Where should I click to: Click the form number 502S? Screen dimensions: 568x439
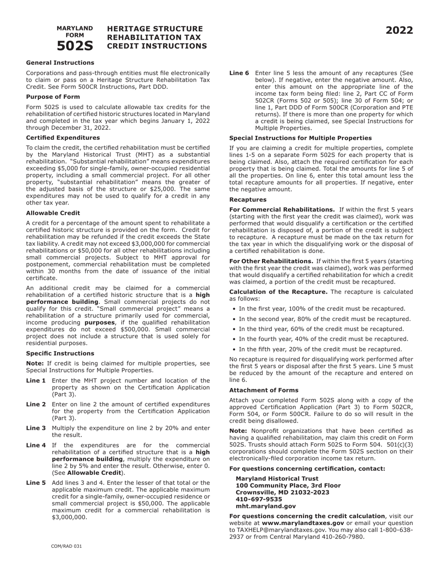tap(75, 46)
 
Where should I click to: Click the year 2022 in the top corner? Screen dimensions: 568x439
tap(399, 31)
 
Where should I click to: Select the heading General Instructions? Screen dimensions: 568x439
tap(60, 63)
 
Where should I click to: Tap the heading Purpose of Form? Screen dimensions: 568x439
tap(53, 97)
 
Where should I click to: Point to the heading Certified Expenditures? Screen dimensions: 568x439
tap(63, 138)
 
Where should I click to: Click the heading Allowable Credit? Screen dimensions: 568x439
tap(53, 213)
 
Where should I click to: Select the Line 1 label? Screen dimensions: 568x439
tap(36, 381)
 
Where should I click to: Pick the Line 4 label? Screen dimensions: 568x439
tap(36, 446)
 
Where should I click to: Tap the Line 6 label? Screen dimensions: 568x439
tap(239, 73)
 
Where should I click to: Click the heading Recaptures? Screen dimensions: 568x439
tap(248, 200)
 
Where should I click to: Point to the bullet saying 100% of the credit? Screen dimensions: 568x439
tap(322, 309)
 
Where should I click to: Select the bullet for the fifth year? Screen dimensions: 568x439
tap(320, 350)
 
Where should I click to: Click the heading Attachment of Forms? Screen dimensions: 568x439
tap(264, 390)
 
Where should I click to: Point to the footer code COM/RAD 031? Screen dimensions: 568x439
tap(67, 546)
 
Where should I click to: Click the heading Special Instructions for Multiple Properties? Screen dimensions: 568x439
tap(300, 138)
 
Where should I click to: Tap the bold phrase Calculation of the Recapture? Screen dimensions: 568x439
tap(279, 292)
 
